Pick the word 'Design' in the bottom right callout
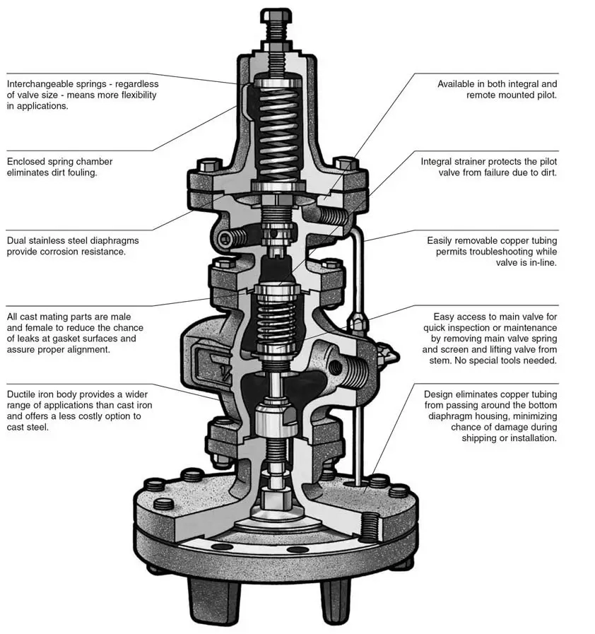pos(440,394)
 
